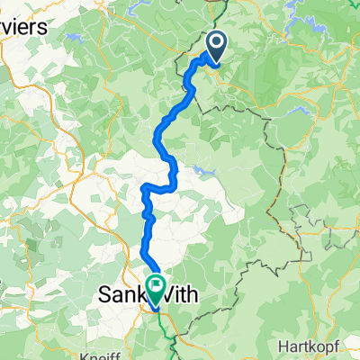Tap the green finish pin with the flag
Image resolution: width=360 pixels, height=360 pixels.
[x=156, y=287]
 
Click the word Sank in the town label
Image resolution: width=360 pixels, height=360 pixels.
[x=121, y=292]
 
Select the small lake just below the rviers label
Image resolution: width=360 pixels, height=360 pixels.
[x=73, y=40]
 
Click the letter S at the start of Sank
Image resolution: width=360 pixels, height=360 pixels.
[x=103, y=292]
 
